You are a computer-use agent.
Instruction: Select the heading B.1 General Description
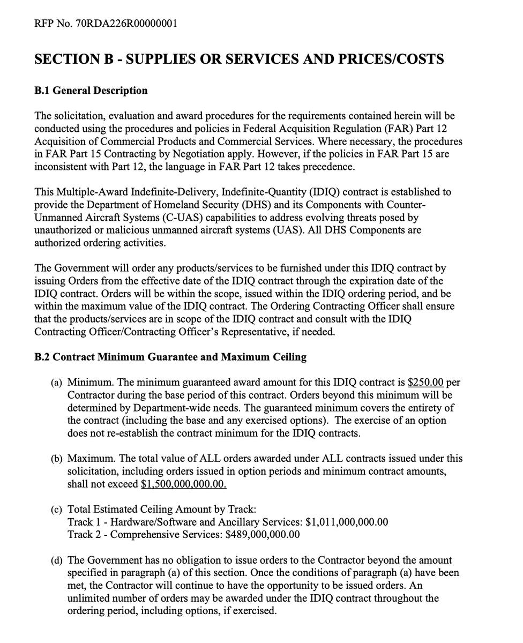(91, 91)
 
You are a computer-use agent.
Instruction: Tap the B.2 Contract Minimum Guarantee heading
(170, 357)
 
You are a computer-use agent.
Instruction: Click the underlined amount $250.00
(425, 383)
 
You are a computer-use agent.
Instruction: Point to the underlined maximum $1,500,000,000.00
(184, 484)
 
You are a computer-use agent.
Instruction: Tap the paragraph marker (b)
(57, 459)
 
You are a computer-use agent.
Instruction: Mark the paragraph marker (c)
(57, 510)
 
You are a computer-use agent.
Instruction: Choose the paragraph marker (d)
(57, 560)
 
